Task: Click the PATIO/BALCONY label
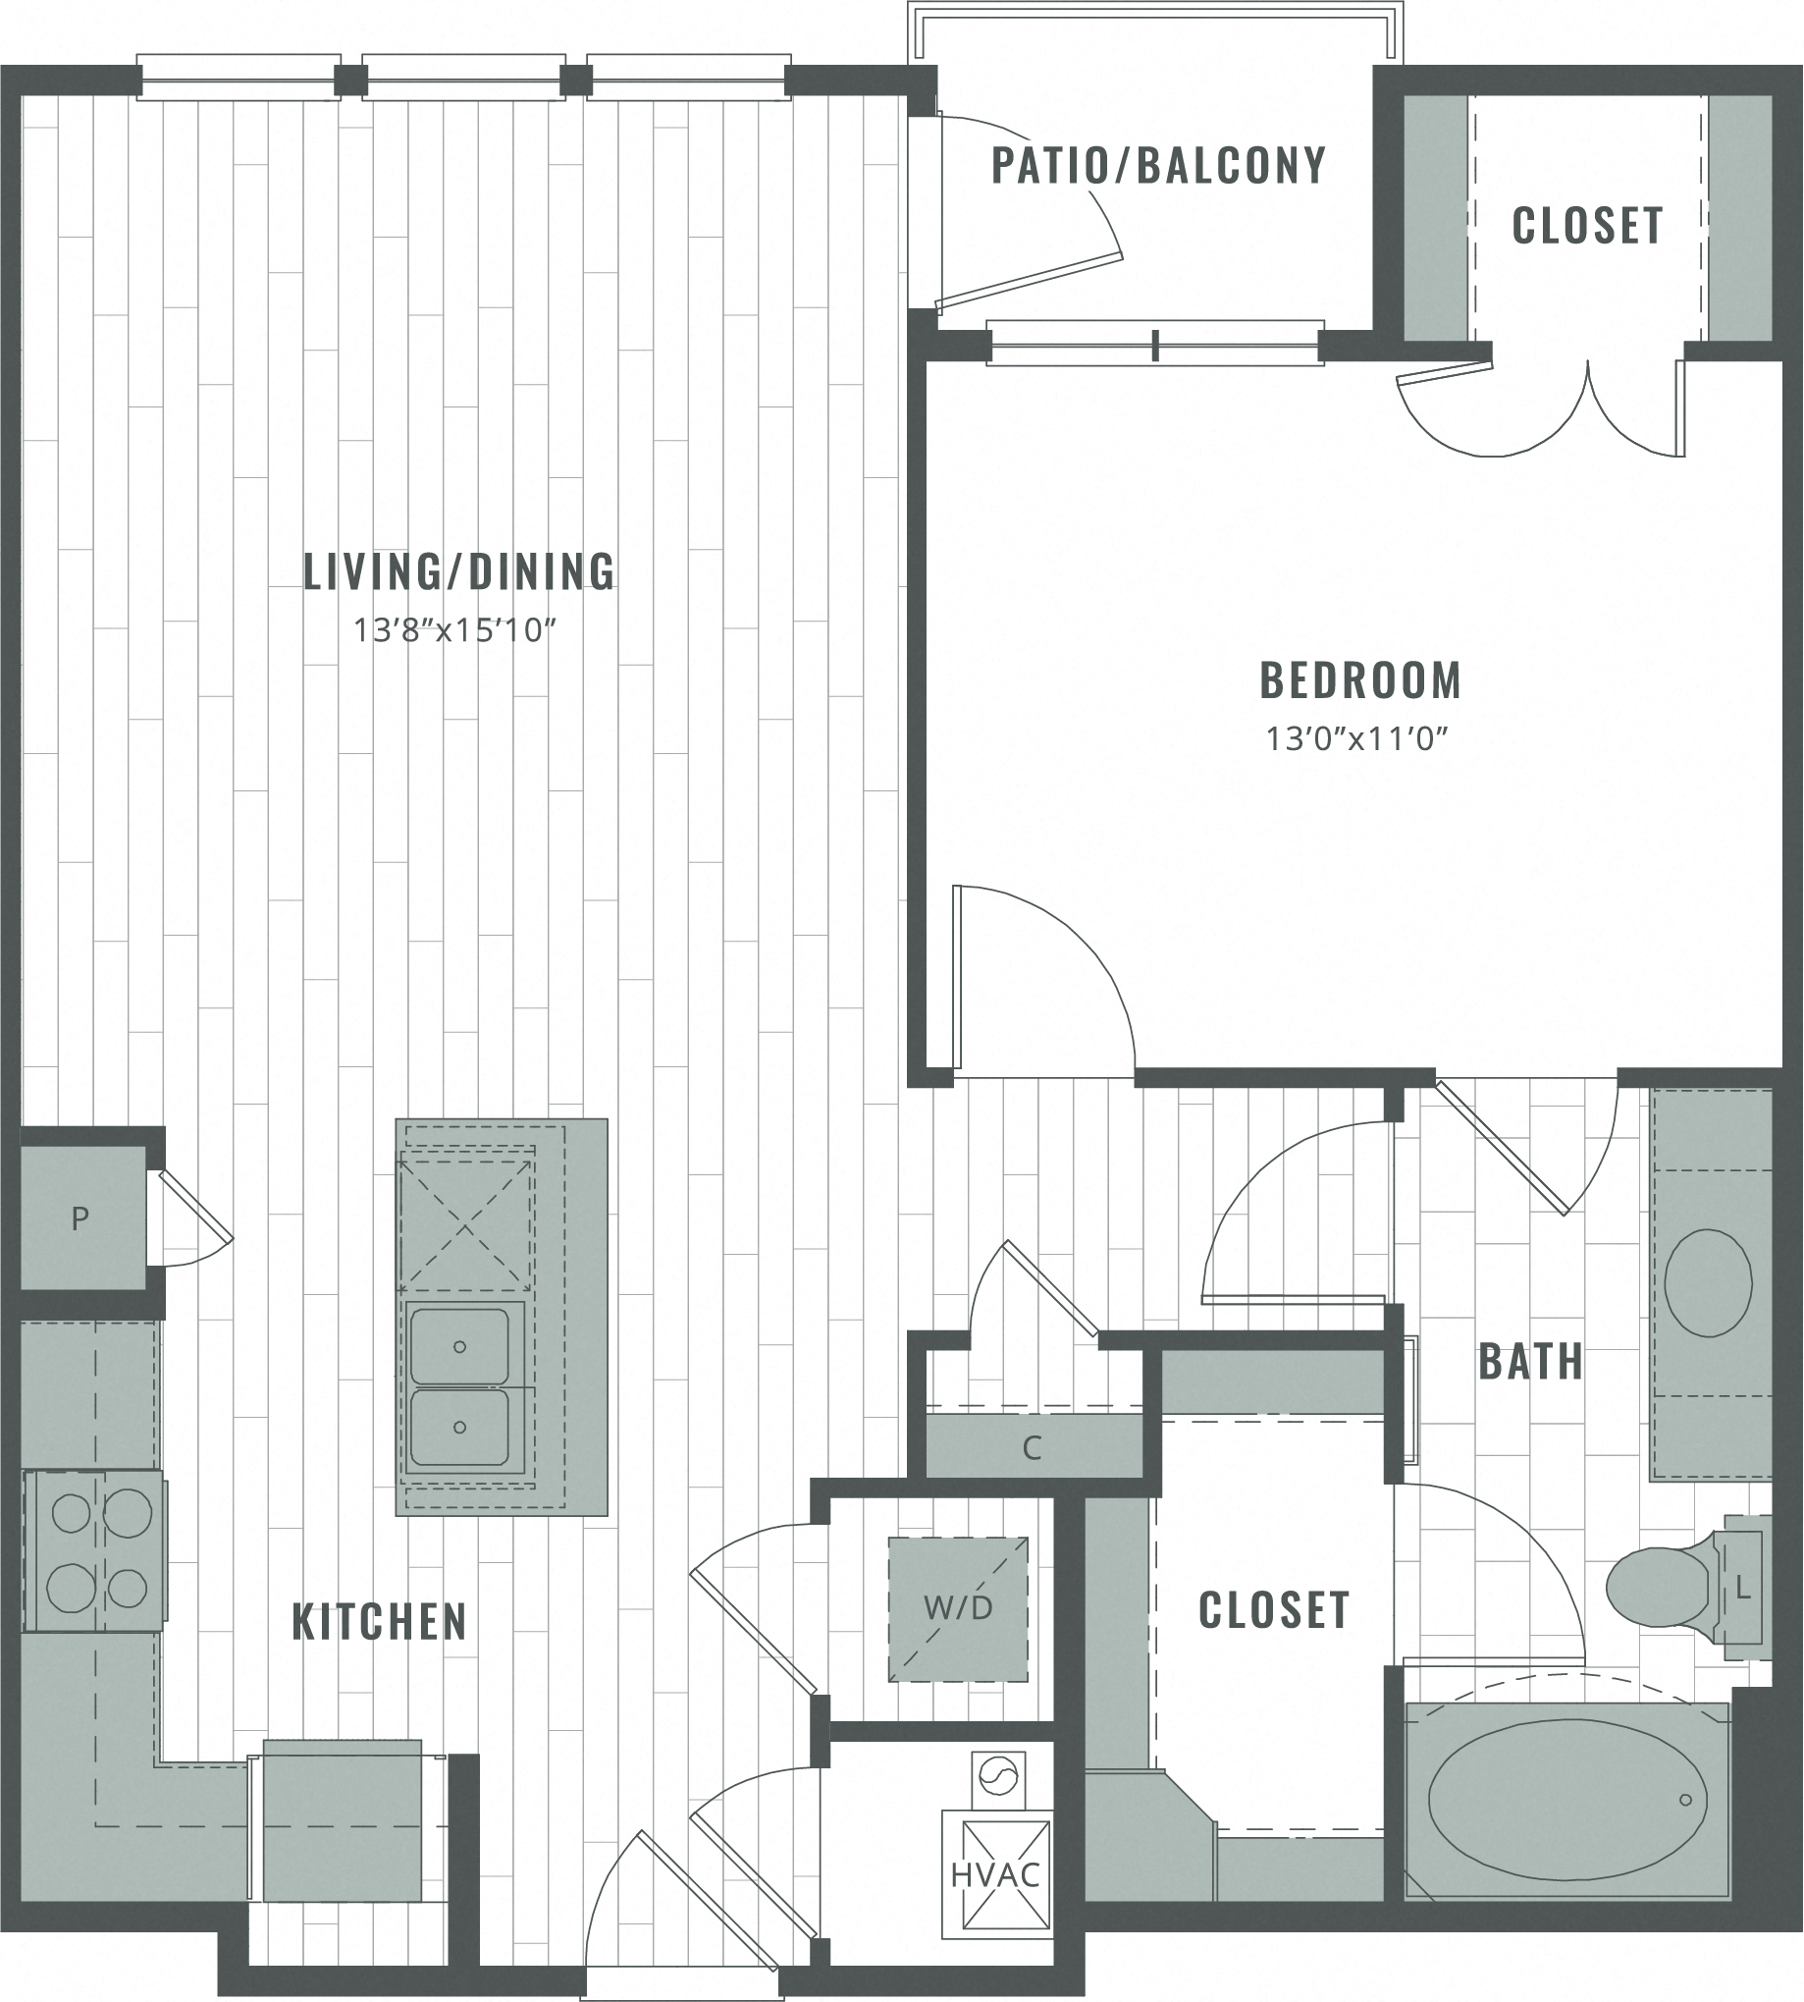(1159, 166)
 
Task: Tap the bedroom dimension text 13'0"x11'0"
(1357, 738)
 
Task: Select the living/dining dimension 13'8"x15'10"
(455, 630)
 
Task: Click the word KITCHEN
(379, 1622)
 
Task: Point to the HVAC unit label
(995, 1875)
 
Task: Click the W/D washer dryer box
(958, 1608)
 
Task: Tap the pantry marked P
(80, 1217)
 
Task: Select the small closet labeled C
(1032, 1448)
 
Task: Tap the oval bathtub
(1566, 1799)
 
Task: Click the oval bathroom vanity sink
(1708, 1283)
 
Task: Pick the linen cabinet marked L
(1742, 1590)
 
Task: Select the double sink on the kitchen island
(461, 1387)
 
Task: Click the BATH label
(1530, 1363)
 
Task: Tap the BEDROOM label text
(1360, 681)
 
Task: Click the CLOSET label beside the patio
(1587, 226)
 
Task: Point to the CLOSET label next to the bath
(1274, 1610)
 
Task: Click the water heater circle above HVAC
(998, 1776)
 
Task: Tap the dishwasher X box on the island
(466, 1224)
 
